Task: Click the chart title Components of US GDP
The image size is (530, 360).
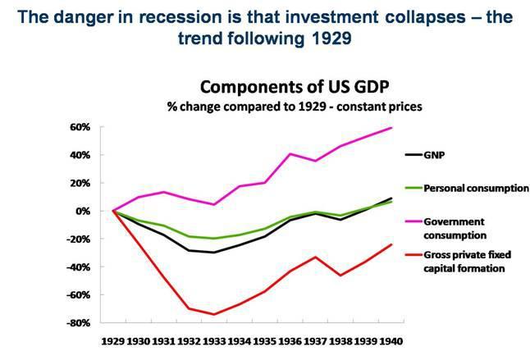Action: click(271, 89)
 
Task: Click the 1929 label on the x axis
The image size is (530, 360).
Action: click(113, 339)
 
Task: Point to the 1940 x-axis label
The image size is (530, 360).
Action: click(391, 339)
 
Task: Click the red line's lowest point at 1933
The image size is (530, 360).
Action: click(213, 314)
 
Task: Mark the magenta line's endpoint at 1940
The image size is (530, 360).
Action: click(391, 127)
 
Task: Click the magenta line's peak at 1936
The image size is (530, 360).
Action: click(290, 154)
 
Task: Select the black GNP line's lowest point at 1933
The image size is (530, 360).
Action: click(213, 253)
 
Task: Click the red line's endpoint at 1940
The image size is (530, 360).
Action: click(391, 244)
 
